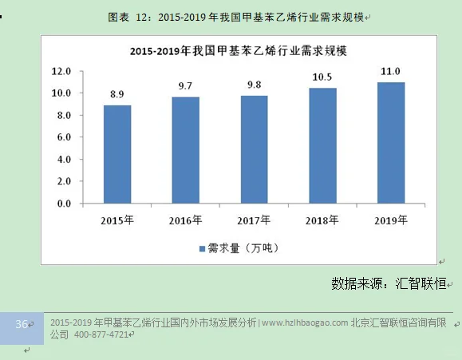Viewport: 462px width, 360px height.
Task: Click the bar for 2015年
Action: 116,154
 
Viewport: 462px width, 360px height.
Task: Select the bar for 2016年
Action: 185,150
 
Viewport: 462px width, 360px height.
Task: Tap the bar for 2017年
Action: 254,149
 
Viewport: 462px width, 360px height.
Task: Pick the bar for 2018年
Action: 322,145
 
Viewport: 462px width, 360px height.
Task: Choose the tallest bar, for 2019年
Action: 391,143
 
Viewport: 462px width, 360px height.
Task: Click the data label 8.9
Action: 116,94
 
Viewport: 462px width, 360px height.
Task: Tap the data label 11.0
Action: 391,71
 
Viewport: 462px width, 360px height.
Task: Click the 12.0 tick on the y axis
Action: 61,71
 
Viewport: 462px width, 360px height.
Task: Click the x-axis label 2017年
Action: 254,220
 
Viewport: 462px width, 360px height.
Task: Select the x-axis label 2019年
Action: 391,220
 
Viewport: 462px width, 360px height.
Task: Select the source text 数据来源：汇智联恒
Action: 390,283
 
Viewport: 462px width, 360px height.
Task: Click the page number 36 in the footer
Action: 22,323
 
